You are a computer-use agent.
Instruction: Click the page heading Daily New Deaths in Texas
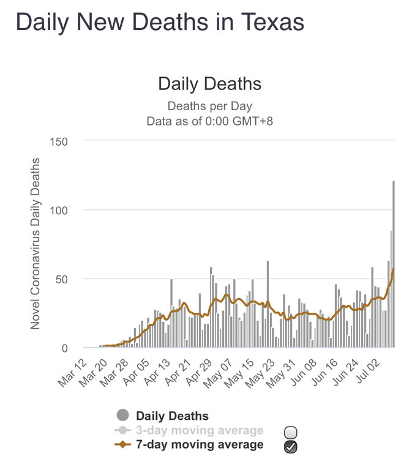pos(159,23)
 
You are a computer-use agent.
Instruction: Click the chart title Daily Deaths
pos(210,84)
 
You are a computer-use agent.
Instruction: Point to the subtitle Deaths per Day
pos(210,106)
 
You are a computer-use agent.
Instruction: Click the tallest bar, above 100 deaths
pos(394,263)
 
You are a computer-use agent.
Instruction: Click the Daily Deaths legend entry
pos(172,417)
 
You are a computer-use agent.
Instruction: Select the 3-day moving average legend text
pos(200,431)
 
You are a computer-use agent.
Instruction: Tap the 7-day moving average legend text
pos(200,445)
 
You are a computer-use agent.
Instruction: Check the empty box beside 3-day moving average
pos(291,432)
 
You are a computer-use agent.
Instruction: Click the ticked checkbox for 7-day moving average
pos(291,447)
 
